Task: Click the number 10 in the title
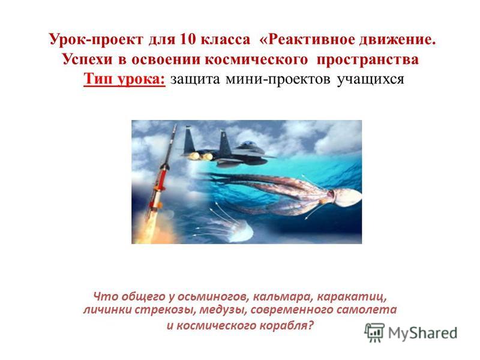pyautogui.click(x=188, y=40)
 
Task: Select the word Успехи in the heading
pyautogui.click(x=88, y=59)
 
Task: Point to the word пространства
pyautogui.click(x=367, y=59)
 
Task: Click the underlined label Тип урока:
pyautogui.click(x=125, y=79)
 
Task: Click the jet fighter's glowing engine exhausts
pyautogui.click(x=200, y=157)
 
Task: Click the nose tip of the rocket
pyautogui.click(x=176, y=124)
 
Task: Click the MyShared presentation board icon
pyautogui.click(x=374, y=332)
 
